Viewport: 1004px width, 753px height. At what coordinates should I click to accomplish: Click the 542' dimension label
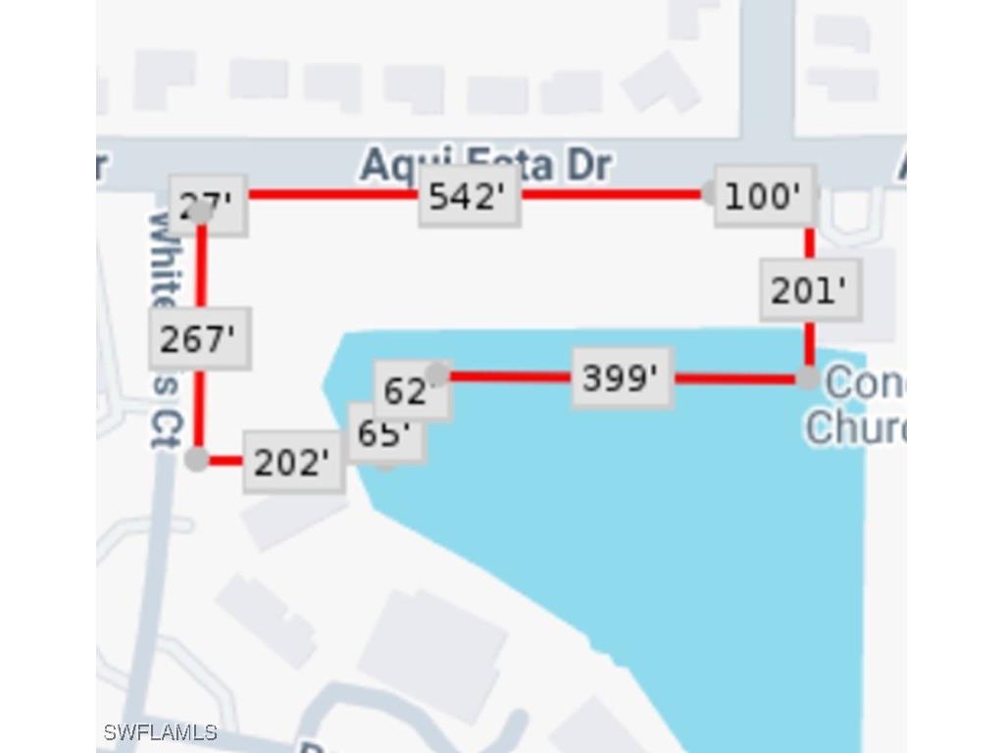coord(469,197)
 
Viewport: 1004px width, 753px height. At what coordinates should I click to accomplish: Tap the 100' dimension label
coord(764,197)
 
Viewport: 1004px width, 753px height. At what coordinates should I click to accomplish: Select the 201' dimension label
coord(810,291)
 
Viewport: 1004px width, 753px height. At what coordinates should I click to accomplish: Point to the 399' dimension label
coord(622,377)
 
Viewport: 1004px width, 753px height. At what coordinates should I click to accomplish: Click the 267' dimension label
coord(199,339)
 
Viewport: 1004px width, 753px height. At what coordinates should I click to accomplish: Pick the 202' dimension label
coord(292,463)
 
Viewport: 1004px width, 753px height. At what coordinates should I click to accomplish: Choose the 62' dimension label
coord(410,391)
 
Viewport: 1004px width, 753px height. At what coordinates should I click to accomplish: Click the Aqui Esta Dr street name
coord(484,164)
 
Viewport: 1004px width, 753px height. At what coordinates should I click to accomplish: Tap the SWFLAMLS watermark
coord(160,732)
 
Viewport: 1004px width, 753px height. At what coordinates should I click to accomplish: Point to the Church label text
coord(853,427)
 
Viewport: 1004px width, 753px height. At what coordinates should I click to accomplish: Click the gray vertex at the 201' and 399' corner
coord(808,377)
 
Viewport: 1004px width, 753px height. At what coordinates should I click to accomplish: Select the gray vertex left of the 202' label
coord(197,459)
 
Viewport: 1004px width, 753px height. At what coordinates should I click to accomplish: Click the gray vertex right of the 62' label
coord(438,374)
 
